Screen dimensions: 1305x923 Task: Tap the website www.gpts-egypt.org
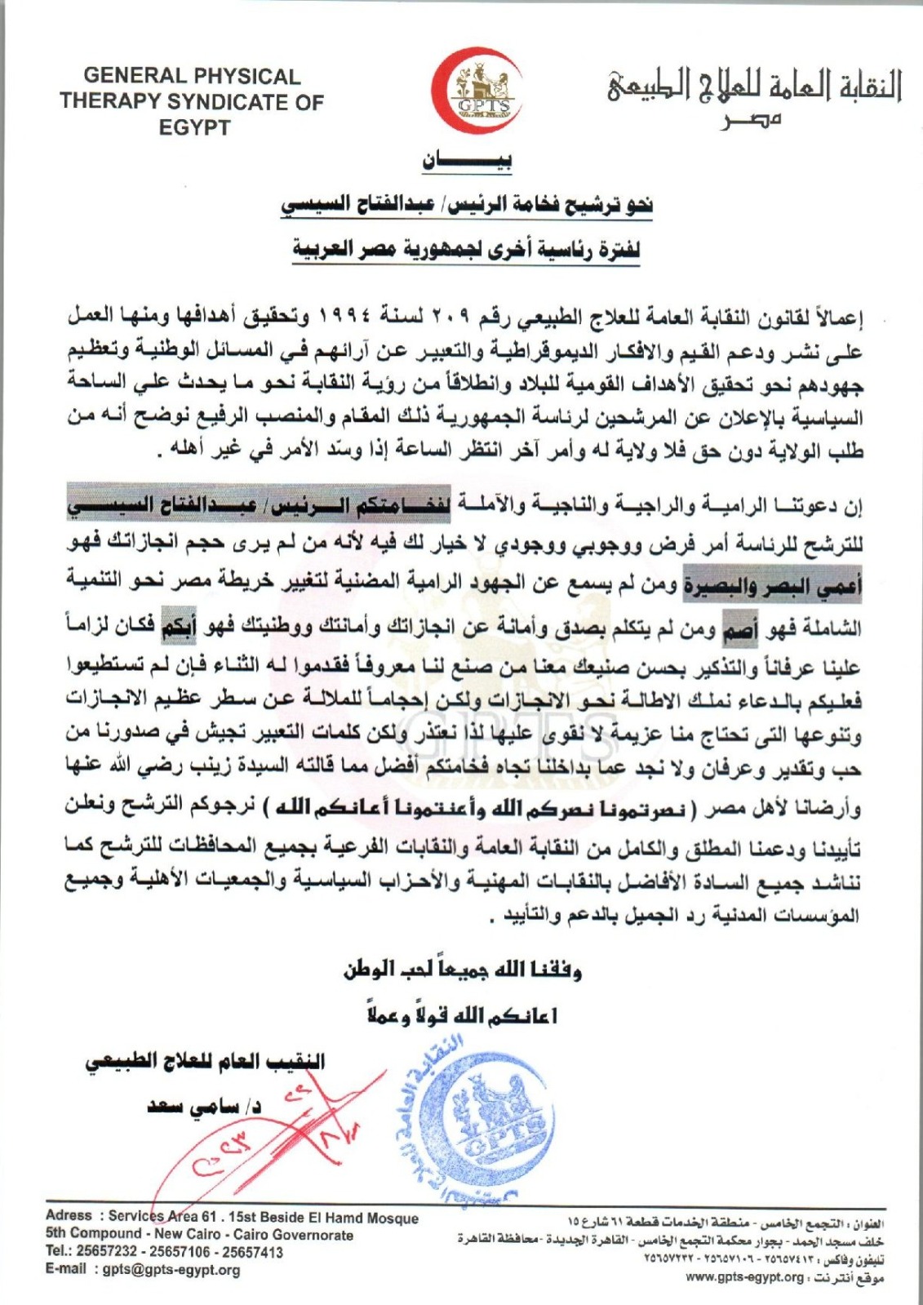743,1277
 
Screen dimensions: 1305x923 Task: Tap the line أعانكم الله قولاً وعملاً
462,1016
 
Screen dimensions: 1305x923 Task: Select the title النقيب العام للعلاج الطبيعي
205,1062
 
